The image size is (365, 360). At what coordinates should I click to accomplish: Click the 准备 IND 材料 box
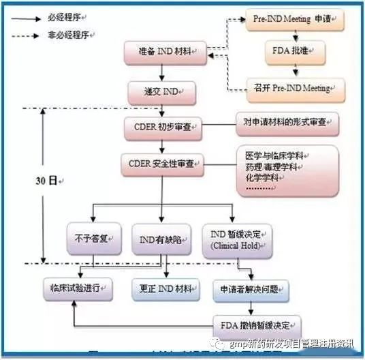[165, 52]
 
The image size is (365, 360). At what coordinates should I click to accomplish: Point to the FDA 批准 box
[295, 52]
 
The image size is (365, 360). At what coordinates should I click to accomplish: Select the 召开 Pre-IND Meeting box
[295, 88]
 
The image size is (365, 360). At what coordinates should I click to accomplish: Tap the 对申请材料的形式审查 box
[286, 123]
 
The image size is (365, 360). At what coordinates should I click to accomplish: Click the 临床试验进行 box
[74, 286]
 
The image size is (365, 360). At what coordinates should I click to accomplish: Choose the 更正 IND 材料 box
[166, 286]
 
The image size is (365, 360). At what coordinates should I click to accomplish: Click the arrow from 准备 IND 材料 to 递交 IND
[162, 72]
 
